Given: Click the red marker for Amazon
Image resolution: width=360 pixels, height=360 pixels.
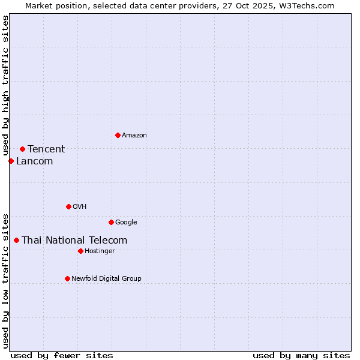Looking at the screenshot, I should (118, 135).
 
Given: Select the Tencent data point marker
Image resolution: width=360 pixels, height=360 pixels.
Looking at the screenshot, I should (22, 149).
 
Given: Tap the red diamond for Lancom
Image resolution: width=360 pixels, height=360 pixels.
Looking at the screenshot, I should (11, 161).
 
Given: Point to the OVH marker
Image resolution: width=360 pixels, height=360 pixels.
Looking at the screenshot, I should (68, 206).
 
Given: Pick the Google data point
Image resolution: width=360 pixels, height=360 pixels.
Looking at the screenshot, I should (111, 222).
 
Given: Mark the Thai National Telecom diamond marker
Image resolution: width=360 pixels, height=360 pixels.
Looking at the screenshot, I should (16, 240).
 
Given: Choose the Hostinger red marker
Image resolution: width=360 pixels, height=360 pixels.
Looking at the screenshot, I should (80, 251).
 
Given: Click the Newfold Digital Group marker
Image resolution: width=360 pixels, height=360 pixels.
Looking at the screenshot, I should (67, 278).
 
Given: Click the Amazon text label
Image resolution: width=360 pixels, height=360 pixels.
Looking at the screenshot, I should (134, 136).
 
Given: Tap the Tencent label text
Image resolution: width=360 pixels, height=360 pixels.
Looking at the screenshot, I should (46, 149).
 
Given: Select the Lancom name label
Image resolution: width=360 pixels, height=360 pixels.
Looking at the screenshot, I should (34, 161).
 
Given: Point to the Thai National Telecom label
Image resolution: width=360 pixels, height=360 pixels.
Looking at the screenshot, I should (74, 241).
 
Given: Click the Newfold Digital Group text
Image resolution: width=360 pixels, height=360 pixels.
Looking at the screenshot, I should (106, 278).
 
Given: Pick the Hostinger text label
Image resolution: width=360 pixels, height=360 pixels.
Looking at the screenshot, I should (100, 251).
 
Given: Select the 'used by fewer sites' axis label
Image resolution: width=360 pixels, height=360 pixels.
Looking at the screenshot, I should (62, 355).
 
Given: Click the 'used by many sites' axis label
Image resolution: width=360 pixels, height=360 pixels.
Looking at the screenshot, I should (301, 355).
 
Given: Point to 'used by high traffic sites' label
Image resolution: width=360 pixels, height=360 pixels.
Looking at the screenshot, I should (5, 85).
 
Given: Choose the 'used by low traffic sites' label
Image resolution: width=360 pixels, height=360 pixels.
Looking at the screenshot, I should (5, 280).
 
